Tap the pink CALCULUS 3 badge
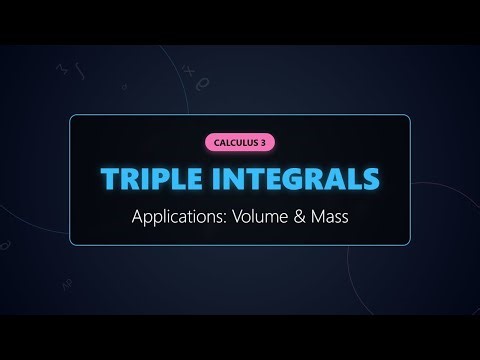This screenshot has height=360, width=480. (x=239, y=142)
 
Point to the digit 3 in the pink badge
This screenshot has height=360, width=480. (x=265, y=142)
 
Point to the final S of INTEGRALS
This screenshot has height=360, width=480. (x=371, y=179)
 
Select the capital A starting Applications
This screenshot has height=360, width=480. (x=138, y=217)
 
